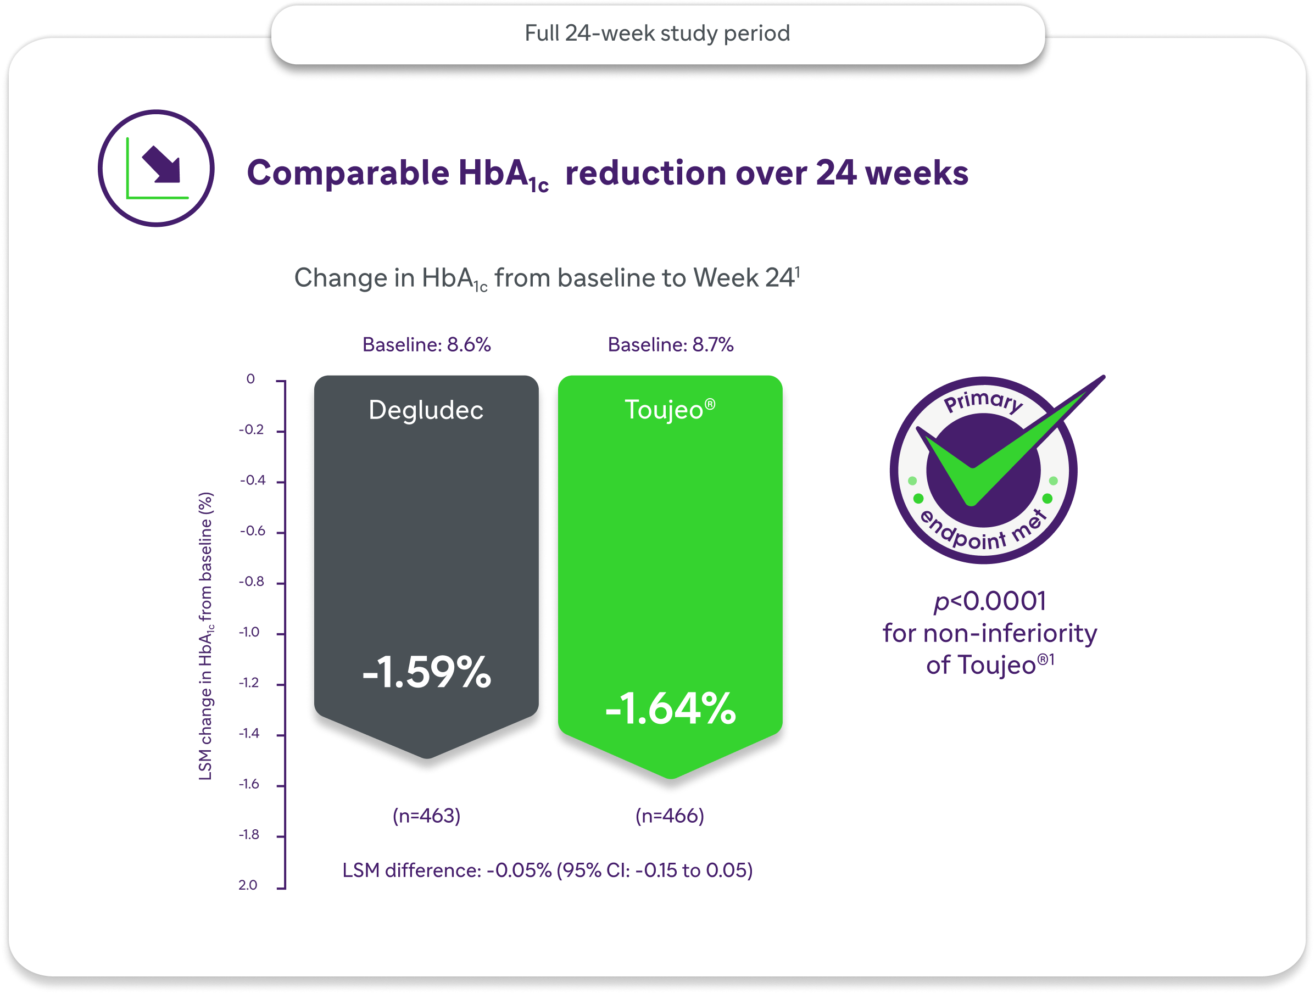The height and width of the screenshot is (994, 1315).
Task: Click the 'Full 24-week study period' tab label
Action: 657,33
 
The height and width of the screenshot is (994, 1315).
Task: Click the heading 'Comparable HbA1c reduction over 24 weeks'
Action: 607,174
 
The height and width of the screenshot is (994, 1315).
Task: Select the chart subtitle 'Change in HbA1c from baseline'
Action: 547,278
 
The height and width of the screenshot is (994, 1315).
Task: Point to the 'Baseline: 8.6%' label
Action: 426,345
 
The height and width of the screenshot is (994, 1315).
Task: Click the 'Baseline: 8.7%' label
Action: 670,345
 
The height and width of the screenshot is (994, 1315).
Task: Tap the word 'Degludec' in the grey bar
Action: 426,410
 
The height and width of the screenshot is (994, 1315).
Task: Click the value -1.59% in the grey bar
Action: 426,673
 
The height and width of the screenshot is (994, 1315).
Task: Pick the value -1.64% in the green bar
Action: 670,708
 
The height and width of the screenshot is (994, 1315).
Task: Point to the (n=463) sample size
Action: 426,816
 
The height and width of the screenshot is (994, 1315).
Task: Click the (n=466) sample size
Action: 670,816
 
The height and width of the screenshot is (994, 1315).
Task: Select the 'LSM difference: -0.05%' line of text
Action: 547,870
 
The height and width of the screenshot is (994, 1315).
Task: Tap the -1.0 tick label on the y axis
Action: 249,632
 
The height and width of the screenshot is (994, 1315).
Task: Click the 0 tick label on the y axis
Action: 250,379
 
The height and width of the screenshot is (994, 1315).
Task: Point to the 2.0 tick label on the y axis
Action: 248,885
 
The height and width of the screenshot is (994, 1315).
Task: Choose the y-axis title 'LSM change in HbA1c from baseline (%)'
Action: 205,636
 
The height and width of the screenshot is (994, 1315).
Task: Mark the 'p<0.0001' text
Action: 989,601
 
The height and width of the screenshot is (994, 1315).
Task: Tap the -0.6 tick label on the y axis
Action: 252,531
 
